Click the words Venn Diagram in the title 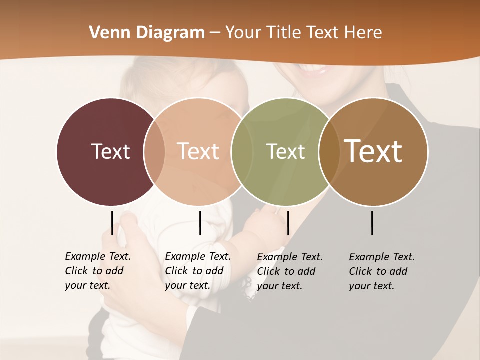(147, 33)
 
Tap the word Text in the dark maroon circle (110, 151)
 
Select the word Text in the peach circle (198, 151)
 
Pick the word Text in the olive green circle (285, 151)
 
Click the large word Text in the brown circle (373, 151)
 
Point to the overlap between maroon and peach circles (154, 151)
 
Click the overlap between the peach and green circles (241, 151)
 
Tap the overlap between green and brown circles (329, 151)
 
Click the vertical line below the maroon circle (112, 223)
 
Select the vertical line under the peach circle (200, 223)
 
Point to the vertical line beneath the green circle (288, 223)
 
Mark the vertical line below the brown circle (372, 223)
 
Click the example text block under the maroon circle (98, 271)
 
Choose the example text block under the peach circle (198, 271)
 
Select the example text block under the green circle (290, 271)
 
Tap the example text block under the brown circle (382, 271)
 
